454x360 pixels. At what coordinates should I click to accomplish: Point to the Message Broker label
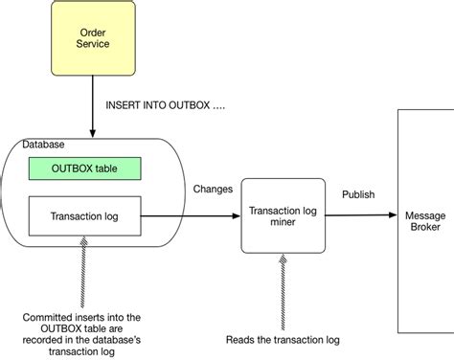[424, 220]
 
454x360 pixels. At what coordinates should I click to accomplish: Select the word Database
[45, 145]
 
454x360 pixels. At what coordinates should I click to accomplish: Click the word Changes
[213, 189]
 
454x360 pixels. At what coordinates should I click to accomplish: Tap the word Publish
[358, 194]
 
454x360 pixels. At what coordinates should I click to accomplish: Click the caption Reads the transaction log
[282, 339]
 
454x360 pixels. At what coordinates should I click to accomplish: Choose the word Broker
[424, 227]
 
